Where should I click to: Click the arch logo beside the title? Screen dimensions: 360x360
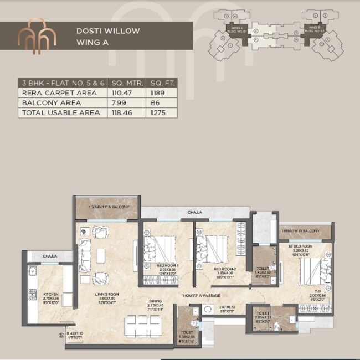(x=37, y=36)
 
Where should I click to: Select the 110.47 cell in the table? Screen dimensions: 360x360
(x=117, y=92)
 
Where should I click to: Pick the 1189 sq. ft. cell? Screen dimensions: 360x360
(x=156, y=92)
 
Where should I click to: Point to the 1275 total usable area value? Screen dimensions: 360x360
(x=156, y=113)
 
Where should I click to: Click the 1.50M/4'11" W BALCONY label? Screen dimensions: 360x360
(x=109, y=207)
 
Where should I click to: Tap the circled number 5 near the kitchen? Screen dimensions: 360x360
(x=61, y=334)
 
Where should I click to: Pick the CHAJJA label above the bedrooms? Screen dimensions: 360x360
(x=194, y=212)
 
